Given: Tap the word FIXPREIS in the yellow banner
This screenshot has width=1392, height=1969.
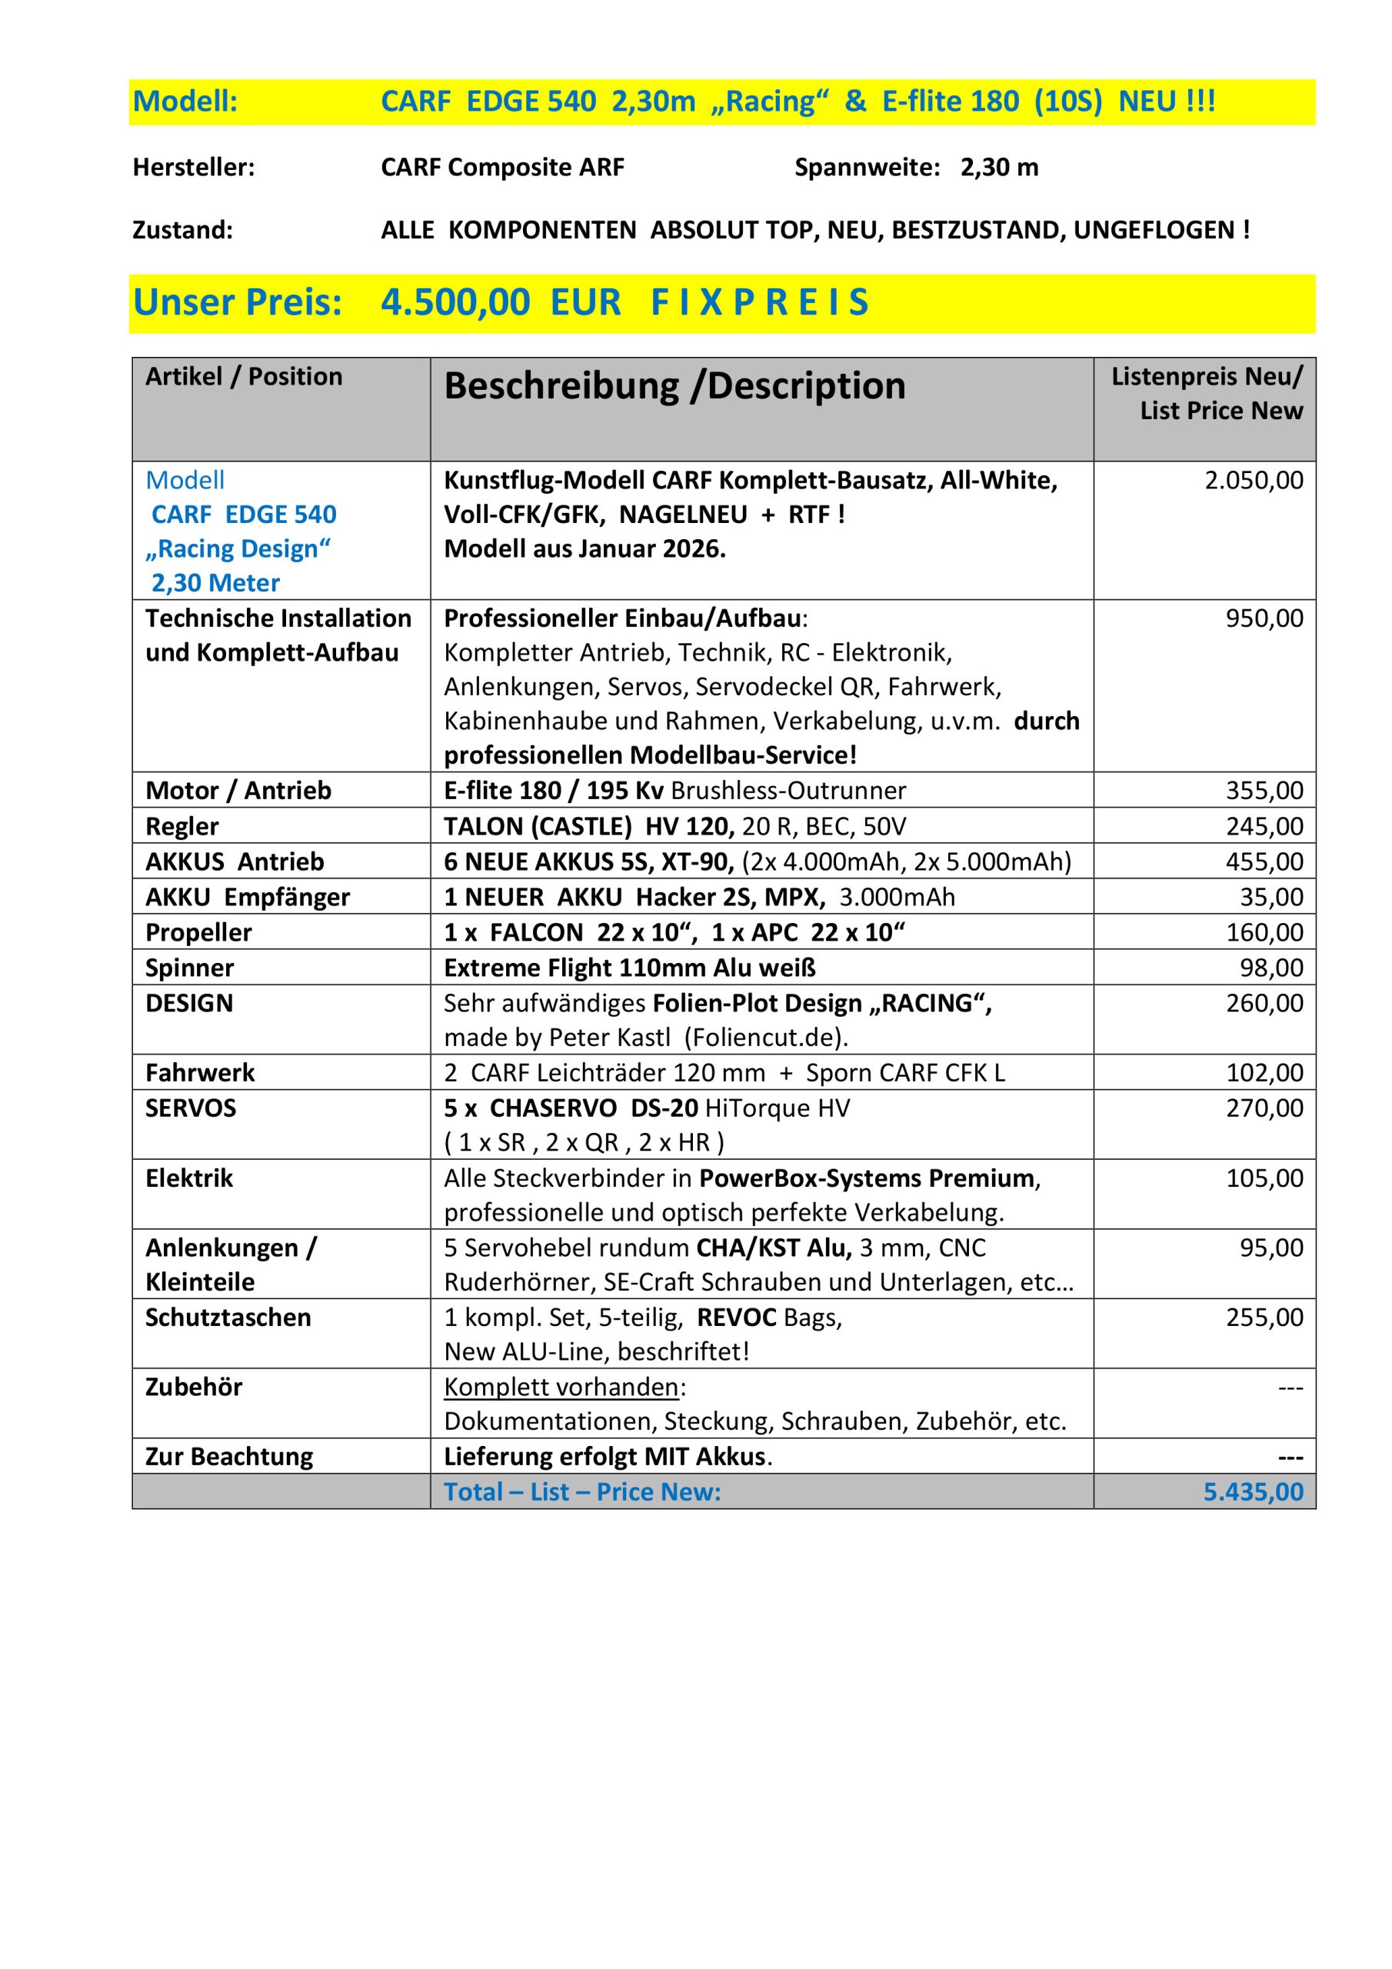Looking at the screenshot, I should click(759, 302).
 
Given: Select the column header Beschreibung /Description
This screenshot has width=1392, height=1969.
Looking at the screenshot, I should click(674, 386).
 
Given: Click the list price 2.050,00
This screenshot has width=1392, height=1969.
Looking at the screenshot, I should click(1253, 480).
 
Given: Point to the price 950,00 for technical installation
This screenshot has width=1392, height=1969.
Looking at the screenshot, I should click(1264, 618).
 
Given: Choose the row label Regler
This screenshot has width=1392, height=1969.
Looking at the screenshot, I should click(181, 826).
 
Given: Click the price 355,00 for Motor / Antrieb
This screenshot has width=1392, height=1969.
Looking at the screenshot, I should click(1264, 791).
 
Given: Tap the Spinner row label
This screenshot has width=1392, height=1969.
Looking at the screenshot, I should click(188, 968).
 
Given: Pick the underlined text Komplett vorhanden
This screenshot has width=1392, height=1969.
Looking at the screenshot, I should click(561, 1387).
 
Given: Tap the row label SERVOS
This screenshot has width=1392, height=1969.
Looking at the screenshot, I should click(191, 1108).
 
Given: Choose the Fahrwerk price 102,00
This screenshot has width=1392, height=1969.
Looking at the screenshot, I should click(1264, 1073).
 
